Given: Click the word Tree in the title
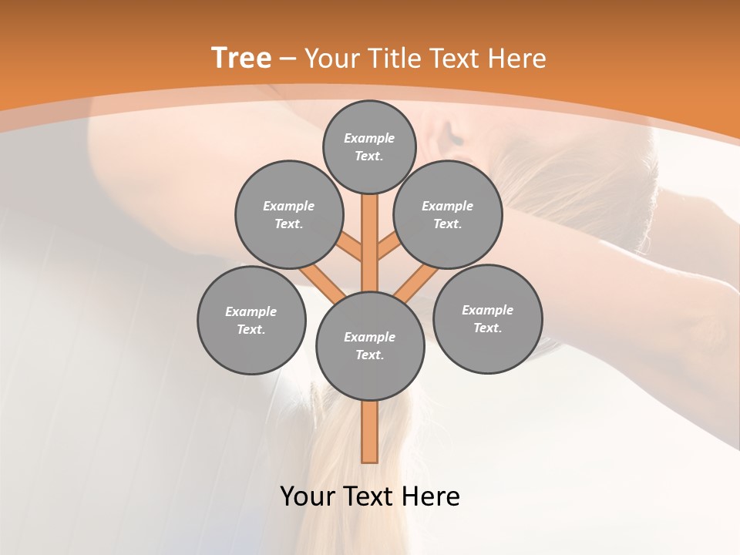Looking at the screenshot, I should (241, 58).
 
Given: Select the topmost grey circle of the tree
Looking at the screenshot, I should (369, 146).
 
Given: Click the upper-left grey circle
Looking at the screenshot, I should (289, 214).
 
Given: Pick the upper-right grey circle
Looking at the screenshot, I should (448, 214).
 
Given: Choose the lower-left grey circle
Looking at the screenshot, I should (251, 320).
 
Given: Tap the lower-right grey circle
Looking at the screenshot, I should (487, 318).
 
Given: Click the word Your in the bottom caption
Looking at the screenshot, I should (308, 496).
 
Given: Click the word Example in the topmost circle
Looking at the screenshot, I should (369, 138).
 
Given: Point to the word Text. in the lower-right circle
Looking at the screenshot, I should (487, 328).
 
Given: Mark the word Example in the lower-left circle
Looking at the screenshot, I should (251, 311).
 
